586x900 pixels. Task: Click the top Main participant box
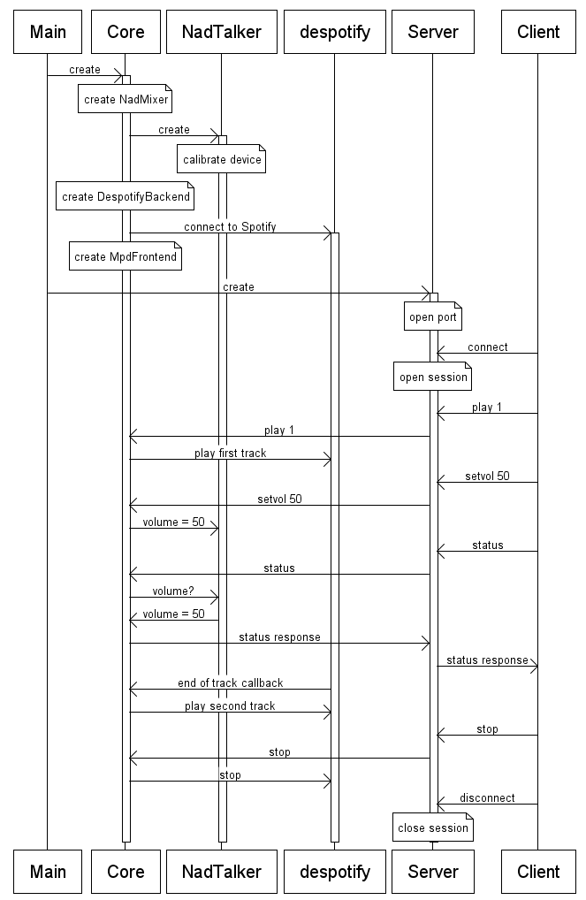click(48, 33)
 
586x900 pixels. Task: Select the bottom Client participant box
click(538, 872)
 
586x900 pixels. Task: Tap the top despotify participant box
click(335, 33)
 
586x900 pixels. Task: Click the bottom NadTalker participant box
click(221, 872)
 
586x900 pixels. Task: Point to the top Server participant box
click(433, 33)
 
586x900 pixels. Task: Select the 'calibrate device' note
click(222, 160)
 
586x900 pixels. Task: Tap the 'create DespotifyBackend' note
click(126, 196)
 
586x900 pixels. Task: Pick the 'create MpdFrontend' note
click(126, 257)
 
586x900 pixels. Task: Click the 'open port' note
click(433, 317)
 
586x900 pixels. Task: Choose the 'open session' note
click(433, 378)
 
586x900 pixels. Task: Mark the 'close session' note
click(433, 828)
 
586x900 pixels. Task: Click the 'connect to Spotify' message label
click(230, 227)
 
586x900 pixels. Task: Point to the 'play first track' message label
click(230, 454)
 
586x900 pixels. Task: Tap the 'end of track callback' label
click(230, 683)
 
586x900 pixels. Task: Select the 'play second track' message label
click(230, 706)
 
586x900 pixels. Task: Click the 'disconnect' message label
click(487, 798)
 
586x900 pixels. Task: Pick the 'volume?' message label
click(172, 591)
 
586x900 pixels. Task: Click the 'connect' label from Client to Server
click(487, 347)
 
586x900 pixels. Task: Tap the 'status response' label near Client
click(487, 660)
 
